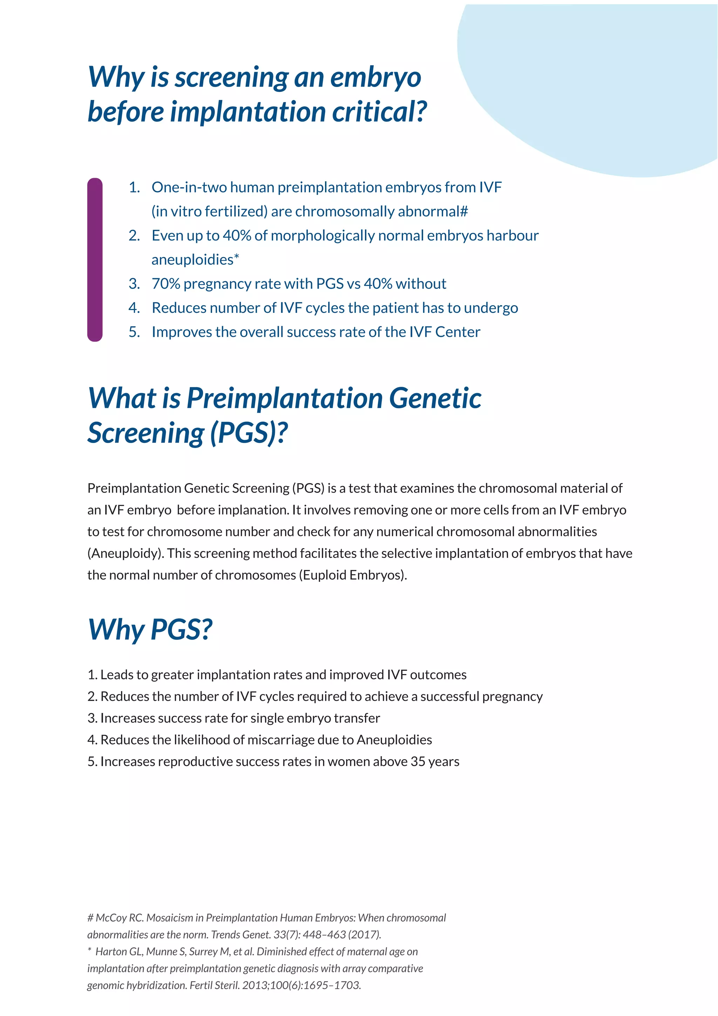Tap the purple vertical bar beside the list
pyautogui.click(x=95, y=260)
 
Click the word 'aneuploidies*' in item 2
pyautogui.click(x=195, y=260)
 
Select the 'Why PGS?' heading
pyautogui.click(x=150, y=629)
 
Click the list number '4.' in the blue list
pyautogui.click(x=134, y=308)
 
